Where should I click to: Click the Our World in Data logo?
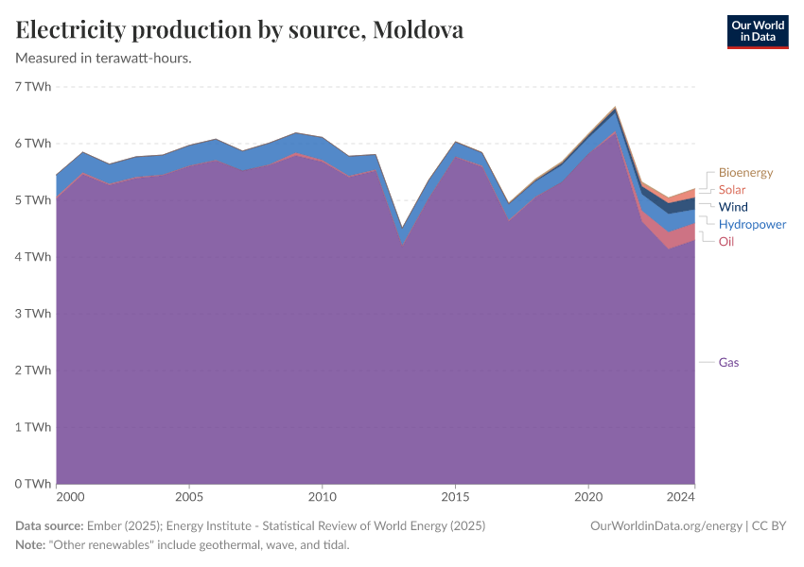point(757,31)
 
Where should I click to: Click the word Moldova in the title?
point(418,30)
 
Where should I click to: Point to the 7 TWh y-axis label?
point(33,87)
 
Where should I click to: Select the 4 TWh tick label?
point(33,257)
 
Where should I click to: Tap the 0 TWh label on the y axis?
point(33,484)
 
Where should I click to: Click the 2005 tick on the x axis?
point(189,496)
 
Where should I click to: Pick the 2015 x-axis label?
point(456,496)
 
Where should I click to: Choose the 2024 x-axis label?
point(681,496)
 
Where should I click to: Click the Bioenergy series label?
point(745,173)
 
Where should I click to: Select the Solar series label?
point(732,190)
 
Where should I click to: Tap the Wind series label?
point(733,207)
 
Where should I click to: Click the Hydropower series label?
point(752,224)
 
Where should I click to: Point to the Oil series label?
point(726,242)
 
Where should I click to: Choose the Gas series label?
point(728,362)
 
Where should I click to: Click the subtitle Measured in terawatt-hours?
point(104,58)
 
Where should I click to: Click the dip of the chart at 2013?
point(403,228)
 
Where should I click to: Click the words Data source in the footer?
point(49,525)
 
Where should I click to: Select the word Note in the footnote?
point(30,545)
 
